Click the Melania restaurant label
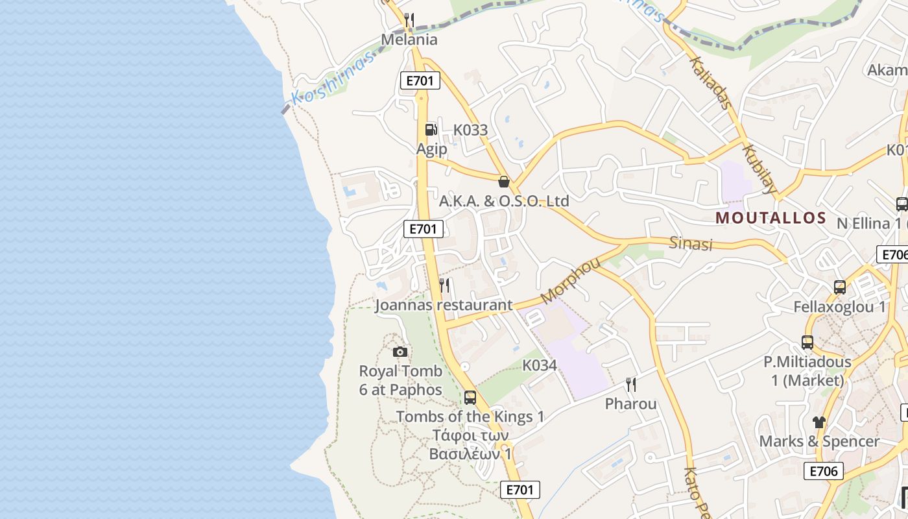coord(409,40)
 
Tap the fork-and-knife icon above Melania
coord(409,20)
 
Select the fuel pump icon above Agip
coord(431,130)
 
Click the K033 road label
coord(470,130)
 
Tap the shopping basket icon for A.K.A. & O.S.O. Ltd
coord(503,182)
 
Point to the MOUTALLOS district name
coord(771,218)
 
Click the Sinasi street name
coord(691,244)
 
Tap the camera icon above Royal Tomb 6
coord(400,352)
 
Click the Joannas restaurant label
coord(444,305)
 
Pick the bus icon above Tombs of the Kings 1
coord(470,397)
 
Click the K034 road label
coord(540,365)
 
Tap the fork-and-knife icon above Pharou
coord(630,385)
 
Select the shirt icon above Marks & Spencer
coord(818,422)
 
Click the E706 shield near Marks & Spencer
coord(823,471)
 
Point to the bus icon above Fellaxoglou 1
coord(839,287)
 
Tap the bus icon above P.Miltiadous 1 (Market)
coord(807,342)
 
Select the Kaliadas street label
coord(711,82)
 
